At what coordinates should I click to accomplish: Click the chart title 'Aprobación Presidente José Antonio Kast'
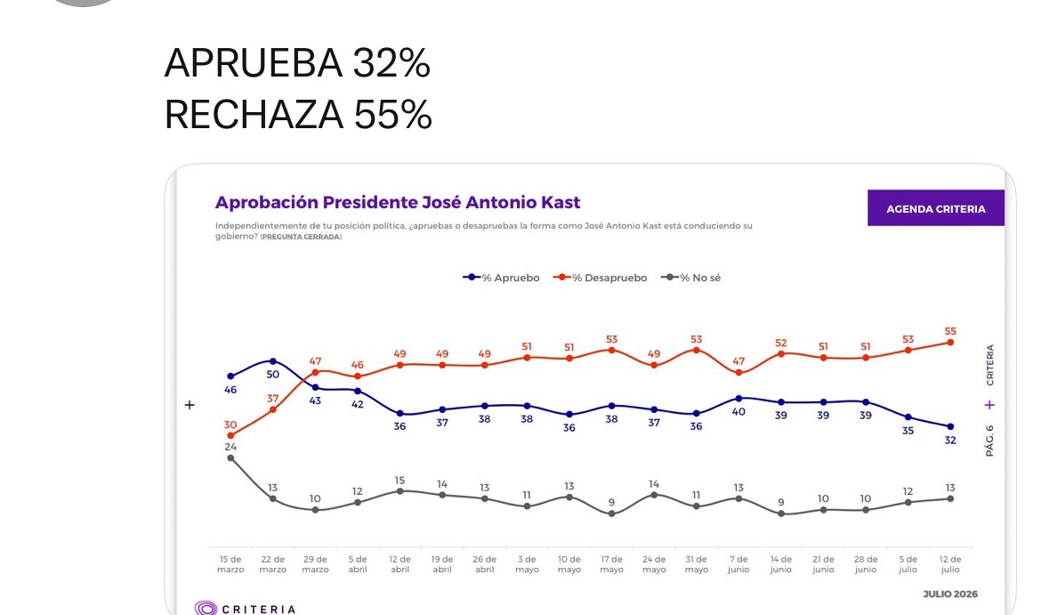pos(398,202)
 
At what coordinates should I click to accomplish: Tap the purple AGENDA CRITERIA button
pos(935,208)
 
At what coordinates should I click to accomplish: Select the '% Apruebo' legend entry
pos(501,278)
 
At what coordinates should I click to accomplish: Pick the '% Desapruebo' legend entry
pos(601,278)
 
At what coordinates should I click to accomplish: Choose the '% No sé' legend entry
pos(691,278)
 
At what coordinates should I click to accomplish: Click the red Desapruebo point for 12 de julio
pos(950,343)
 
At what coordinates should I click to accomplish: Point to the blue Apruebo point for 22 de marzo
pos(273,361)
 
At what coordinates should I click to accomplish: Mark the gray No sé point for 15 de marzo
pos(230,457)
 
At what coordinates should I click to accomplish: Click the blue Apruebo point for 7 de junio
pos(738,399)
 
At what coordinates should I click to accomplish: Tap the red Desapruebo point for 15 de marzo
pos(230,436)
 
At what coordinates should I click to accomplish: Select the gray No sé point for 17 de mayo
pos(611,514)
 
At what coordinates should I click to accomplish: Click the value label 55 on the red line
pos(950,331)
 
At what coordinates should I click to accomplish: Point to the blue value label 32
pos(950,441)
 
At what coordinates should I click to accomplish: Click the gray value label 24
pos(230,447)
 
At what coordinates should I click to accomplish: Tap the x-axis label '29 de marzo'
pos(315,564)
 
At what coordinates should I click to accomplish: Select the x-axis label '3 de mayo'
pos(527,564)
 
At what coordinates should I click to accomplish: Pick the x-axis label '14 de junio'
pos(781,564)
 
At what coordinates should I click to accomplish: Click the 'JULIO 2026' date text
pos(950,594)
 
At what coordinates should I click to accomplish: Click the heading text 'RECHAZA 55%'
pos(298,114)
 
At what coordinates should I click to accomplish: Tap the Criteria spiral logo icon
pos(206,609)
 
